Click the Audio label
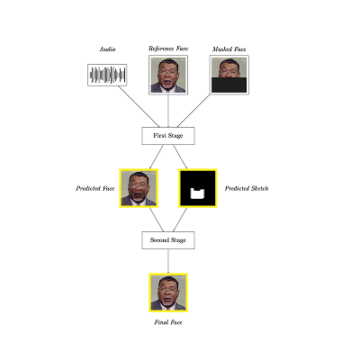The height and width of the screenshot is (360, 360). pyautogui.click(x=107, y=49)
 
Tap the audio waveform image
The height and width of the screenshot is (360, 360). pyautogui.click(x=107, y=75)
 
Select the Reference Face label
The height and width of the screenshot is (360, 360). pyautogui.click(x=168, y=49)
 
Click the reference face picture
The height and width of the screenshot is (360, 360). pyautogui.click(x=168, y=75)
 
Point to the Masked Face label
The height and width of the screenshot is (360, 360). pyautogui.click(x=229, y=49)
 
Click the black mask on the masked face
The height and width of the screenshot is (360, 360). pyautogui.click(x=229, y=85)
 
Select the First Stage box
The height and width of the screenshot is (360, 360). pyautogui.click(x=168, y=136)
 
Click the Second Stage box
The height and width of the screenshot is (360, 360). pyautogui.click(x=168, y=240)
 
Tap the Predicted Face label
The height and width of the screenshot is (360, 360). pyautogui.click(x=95, y=188)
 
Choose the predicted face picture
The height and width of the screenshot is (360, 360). pyautogui.click(x=139, y=188)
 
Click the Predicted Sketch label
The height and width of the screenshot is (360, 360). pyautogui.click(x=247, y=188)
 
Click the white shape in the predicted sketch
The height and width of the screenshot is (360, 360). pyautogui.click(x=198, y=193)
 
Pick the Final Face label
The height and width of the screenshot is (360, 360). pyautogui.click(x=168, y=322)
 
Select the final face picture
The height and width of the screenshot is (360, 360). pyautogui.click(x=168, y=292)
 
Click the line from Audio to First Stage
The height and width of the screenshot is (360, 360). pyautogui.click(x=139, y=106)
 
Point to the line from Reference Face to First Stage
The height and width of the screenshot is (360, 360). pyautogui.click(x=168, y=111)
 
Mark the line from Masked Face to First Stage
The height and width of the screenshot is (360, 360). pyautogui.click(x=193, y=111)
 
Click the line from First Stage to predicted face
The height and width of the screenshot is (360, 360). pyautogui.click(x=157, y=157)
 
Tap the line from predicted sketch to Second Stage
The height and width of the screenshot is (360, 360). pyautogui.click(x=180, y=220)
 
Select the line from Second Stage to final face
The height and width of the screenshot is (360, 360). pyautogui.click(x=168, y=261)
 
